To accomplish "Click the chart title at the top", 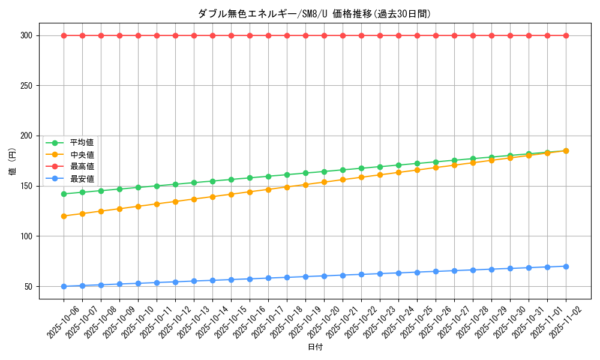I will (315, 14).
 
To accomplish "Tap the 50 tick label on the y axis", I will (28, 286).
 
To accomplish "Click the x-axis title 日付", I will (315, 347).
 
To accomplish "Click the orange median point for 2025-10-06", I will (64, 216).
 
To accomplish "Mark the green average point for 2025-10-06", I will (64, 194).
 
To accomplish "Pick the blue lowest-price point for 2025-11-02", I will (566, 266).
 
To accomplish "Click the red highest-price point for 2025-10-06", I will (64, 35).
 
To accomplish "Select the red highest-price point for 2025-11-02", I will (566, 35).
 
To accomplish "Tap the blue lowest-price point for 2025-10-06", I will (64, 286).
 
